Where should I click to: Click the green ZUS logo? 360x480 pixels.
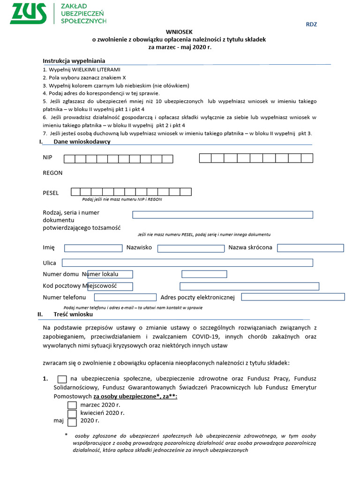pyautogui.click(x=29, y=13)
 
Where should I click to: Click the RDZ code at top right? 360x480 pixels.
pyautogui.click(x=311, y=24)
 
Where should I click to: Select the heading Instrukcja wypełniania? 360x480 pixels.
pyautogui.click(x=74, y=61)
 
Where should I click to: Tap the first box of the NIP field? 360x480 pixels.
pyautogui.click(x=69, y=159)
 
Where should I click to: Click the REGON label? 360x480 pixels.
pyautogui.click(x=52, y=173)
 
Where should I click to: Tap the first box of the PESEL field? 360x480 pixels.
pyautogui.click(x=76, y=192)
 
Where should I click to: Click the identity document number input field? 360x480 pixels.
pyautogui.click(x=222, y=215)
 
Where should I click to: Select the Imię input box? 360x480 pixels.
pyautogui.click(x=93, y=248)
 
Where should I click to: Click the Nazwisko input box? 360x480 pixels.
pyautogui.click(x=191, y=248)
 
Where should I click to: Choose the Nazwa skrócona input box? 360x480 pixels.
pyautogui.click(x=310, y=248)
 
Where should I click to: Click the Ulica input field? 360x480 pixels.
pyautogui.click(x=187, y=263)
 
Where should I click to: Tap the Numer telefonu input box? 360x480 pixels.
pyautogui.click(x=125, y=297)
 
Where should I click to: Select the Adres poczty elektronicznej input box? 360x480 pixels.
pyautogui.click(x=292, y=297)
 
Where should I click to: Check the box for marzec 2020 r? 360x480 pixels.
pyautogui.click(x=72, y=405)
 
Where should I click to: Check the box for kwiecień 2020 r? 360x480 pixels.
pyautogui.click(x=72, y=414)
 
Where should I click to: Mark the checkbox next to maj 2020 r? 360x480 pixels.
pyautogui.click(x=72, y=422)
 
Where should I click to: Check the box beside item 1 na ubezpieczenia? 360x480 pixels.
pyautogui.click(x=62, y=380)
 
